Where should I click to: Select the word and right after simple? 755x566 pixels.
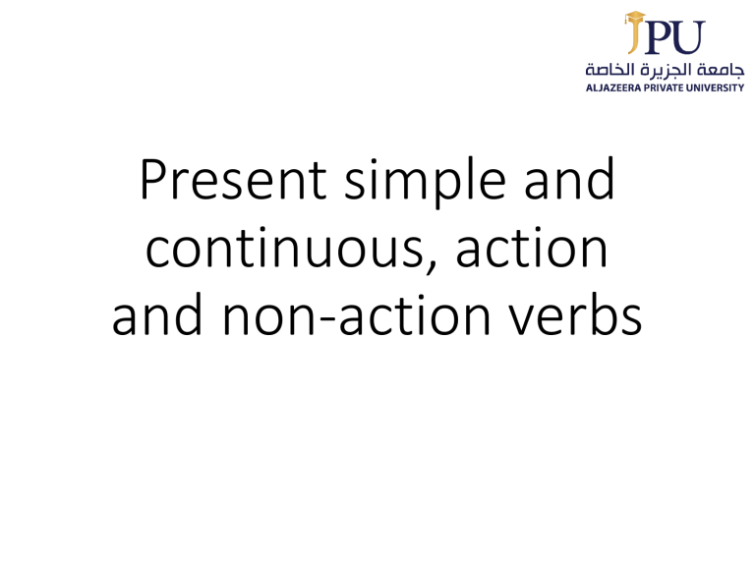(574, 181)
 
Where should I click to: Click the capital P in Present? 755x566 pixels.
(155, 181)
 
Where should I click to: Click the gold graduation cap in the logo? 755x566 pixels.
(636, 18)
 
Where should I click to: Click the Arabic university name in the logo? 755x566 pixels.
(665, 70)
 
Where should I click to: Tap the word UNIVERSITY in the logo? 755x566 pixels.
(718, 87)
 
